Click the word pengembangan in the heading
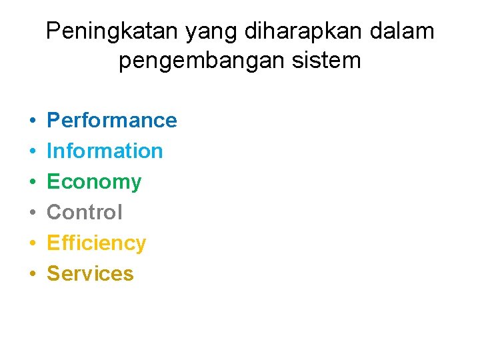(194, 61)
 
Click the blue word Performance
(111, 120)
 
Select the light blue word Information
(105, 151)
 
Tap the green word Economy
(94, 182)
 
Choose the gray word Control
(85, 212)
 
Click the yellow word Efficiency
(96, 243)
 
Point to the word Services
(90, 273)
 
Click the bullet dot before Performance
(32, 121)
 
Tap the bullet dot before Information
(32, 151)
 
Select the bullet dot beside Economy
(32, 182)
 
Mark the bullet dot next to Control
(32, 213)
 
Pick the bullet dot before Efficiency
(32, 243)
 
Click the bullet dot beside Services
(32, 274)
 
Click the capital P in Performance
(53, 120)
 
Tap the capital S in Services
(53, 273)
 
